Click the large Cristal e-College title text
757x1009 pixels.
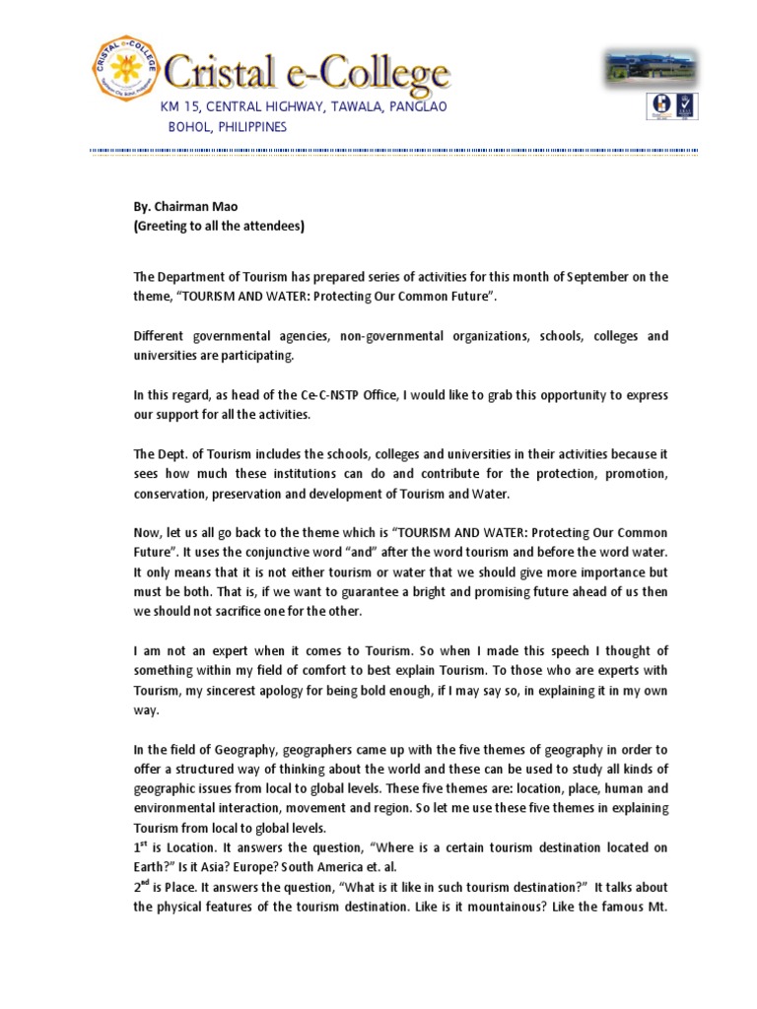[x=307, y=74]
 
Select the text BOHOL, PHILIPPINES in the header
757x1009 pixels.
[x=228, y=127]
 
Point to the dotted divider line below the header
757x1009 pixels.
[x=394, y=151]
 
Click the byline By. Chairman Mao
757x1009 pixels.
[x=186, y=208]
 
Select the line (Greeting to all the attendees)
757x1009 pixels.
[x=219, y=227]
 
